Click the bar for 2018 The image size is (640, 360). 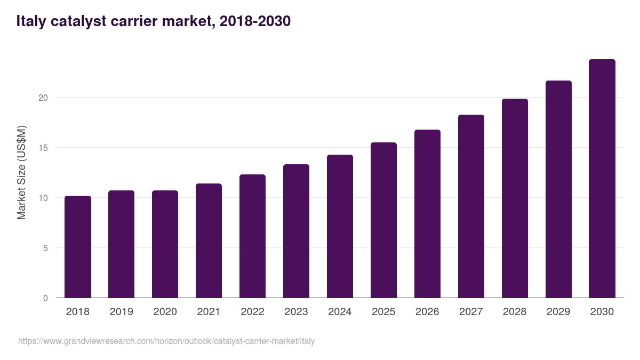(x=78, y=247)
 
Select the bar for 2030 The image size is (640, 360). (x=602, y=179)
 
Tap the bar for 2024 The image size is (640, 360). (x=340, y=226)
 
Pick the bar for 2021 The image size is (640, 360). (x=209, y=241)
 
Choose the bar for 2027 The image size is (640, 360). (x=471, y=206)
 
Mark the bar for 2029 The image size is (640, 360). (x=558, y=189)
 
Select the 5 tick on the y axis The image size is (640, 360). (x=45, y=248)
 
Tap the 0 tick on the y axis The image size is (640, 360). (x=45, y=298)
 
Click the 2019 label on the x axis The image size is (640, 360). (x=122, y=312)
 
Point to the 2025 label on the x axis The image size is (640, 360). (x=383, y=312)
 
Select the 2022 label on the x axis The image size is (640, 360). (x=252, y=312)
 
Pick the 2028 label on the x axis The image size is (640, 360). (x=515, y=312)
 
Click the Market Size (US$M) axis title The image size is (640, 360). (x=21, y=172)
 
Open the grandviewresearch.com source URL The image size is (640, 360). (x=166, y=341)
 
